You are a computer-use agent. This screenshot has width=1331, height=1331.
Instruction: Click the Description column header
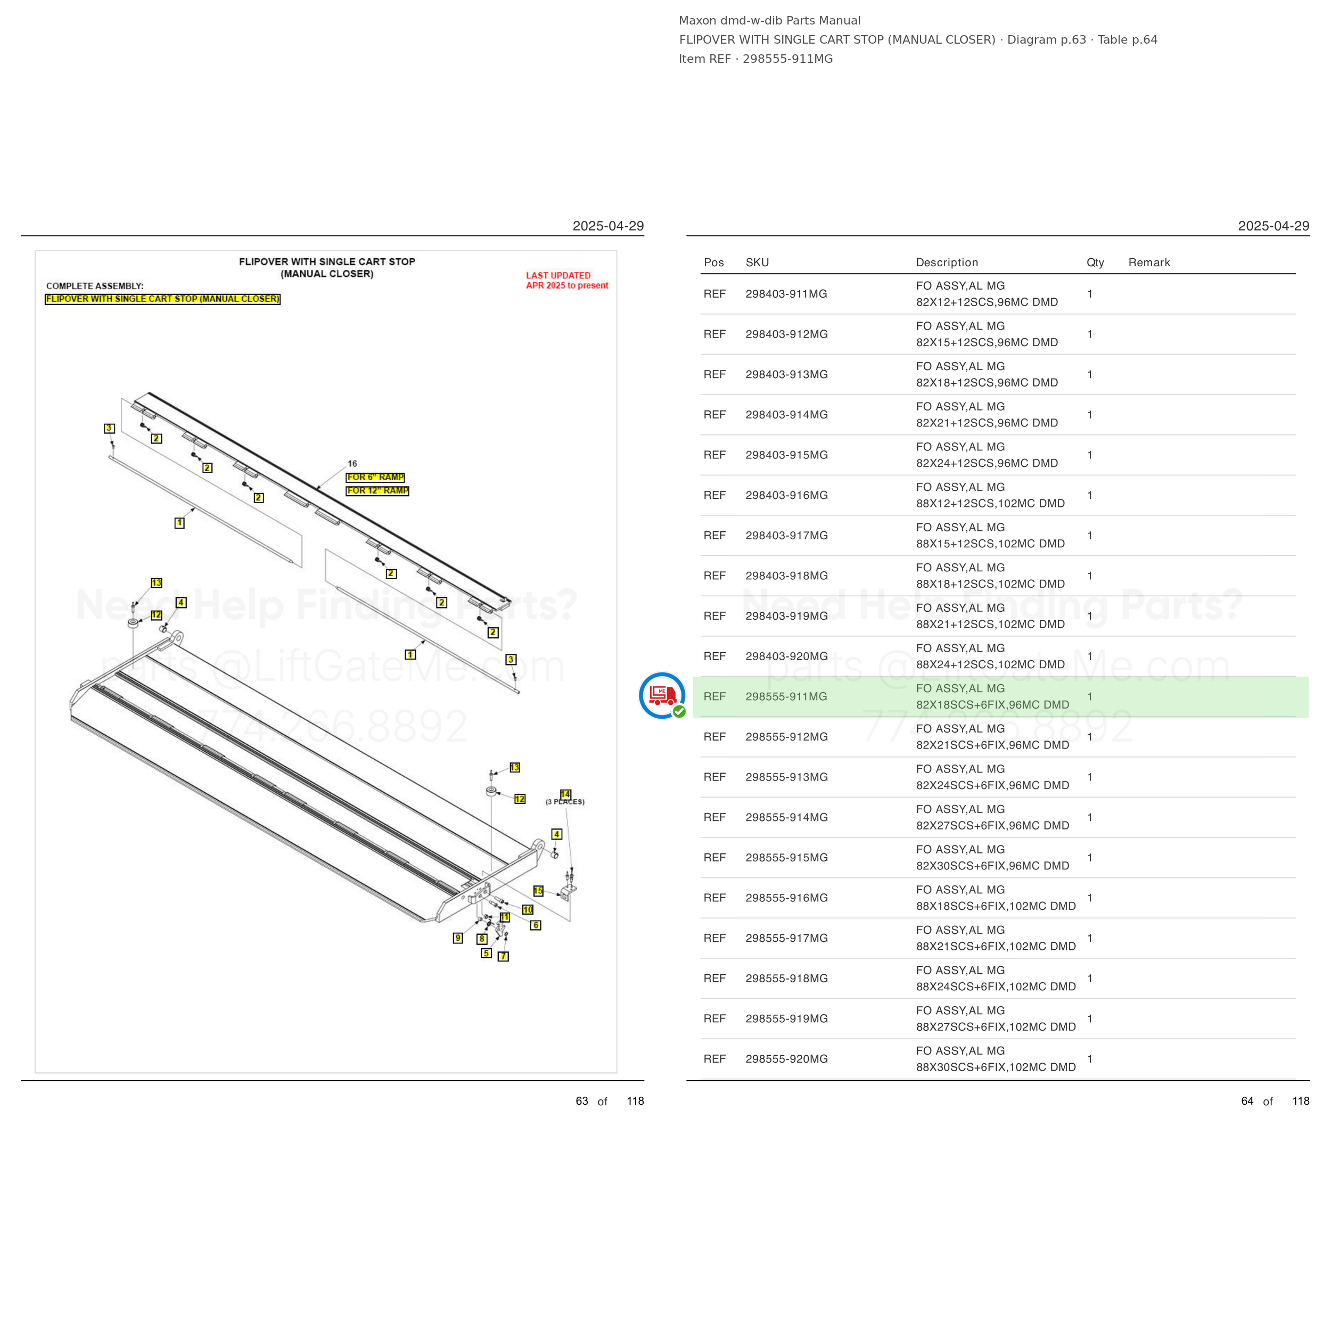click(x=947, y=262)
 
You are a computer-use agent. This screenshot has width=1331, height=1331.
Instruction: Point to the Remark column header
click(x=1149, y=262)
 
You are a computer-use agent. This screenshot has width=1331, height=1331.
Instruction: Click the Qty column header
click(x=1095, y=262)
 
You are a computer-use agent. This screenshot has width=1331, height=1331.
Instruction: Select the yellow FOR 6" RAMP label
click(x=375, y=478)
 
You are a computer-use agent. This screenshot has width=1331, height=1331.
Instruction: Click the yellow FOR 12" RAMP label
click(x=377, y=490)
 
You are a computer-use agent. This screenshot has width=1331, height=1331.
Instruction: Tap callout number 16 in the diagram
click(x=352, y=464)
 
